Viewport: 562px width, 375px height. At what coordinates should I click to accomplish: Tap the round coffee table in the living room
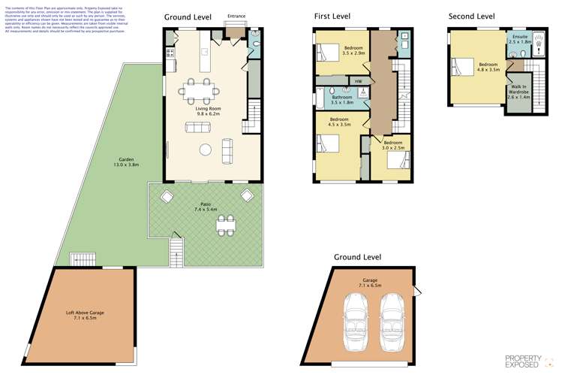pyautogui.click(x=205, y=150)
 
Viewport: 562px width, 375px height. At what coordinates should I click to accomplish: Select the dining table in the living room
pyautogui.click(x=200, y=92)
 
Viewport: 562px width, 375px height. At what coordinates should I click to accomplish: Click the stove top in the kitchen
pyautogui.click(x=170, y=53)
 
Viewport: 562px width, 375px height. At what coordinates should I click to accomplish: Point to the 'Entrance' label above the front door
pyautogui.click(x=236, y=16)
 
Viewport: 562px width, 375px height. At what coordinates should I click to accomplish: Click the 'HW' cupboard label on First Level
pyautogui.click(x=359, y=81)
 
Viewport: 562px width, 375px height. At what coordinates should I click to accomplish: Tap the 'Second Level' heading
pyautogui.click(x=471, y=16)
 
